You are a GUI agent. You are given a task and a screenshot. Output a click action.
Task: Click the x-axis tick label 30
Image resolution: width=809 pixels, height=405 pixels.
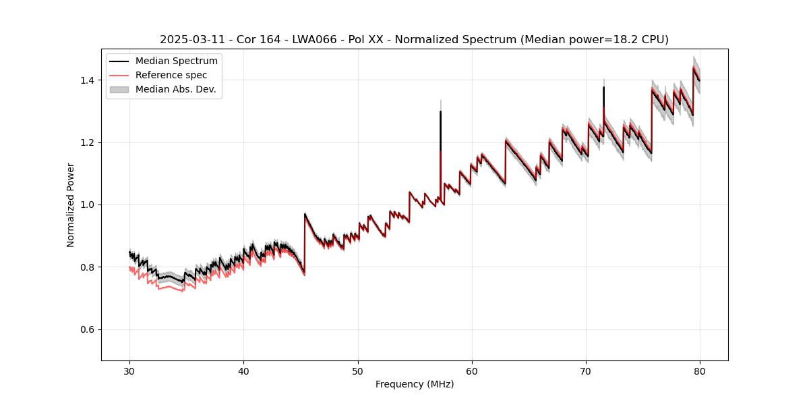click(129, 371)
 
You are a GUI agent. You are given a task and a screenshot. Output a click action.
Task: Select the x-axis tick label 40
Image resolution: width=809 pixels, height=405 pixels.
click(243, 371)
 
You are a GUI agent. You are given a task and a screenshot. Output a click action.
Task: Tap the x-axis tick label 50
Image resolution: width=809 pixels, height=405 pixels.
click(358, 371)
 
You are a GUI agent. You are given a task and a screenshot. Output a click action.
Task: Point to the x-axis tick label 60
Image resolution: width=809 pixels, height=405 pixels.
click(472, 371)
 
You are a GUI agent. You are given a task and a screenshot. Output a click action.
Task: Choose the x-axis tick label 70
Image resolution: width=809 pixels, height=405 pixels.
click(586, 371)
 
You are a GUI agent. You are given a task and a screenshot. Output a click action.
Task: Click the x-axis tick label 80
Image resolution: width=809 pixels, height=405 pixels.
click(700, 371)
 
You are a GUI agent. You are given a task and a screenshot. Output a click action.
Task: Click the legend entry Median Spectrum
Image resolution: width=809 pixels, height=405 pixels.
click(176, 61)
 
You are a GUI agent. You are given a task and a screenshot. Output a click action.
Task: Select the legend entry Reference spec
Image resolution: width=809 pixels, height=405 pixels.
click(171, 75)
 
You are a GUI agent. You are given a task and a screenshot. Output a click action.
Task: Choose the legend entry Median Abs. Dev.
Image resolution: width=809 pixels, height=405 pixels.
click(175, 89)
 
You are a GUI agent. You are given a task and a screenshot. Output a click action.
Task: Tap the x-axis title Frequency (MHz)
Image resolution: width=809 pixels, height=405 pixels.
click(415, 385)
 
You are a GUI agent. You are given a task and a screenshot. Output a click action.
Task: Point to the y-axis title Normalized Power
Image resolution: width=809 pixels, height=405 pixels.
click(71, 205)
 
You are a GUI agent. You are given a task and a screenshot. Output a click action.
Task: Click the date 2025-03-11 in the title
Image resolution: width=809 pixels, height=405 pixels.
click(189, 40)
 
